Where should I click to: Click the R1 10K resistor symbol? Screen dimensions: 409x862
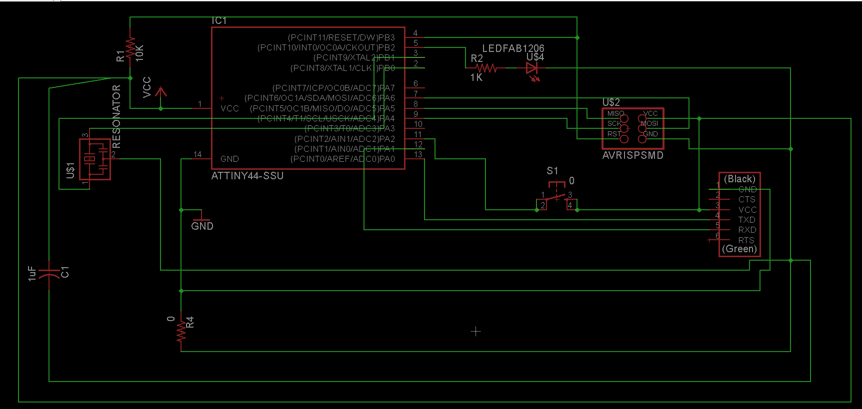[130, 48]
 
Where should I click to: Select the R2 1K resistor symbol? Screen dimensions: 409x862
[485, 68]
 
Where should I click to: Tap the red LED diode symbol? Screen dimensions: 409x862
[532, 69]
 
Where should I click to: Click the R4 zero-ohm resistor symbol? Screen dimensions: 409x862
[181, 330]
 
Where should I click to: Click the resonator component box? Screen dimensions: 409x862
[95, 159]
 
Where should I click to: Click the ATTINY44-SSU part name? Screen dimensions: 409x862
[247, 176]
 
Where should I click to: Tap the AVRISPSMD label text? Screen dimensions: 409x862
[633, 155]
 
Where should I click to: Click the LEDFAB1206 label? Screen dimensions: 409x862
[513, 48]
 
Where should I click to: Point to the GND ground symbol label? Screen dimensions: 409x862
[202, 226]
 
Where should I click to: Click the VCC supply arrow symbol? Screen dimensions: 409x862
[160, 93]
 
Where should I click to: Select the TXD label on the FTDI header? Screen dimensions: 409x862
[747, 220]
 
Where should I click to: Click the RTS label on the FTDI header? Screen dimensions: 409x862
[746, 240]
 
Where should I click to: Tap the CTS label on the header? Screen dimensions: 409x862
[747, 199]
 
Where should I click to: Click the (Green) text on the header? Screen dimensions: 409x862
[739, 249]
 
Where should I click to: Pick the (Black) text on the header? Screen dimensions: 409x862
[739, 179]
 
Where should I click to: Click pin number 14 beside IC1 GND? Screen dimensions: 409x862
[197, 154]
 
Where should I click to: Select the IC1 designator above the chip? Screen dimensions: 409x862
[219, 20]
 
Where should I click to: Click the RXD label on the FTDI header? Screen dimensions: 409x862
[747, 230]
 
